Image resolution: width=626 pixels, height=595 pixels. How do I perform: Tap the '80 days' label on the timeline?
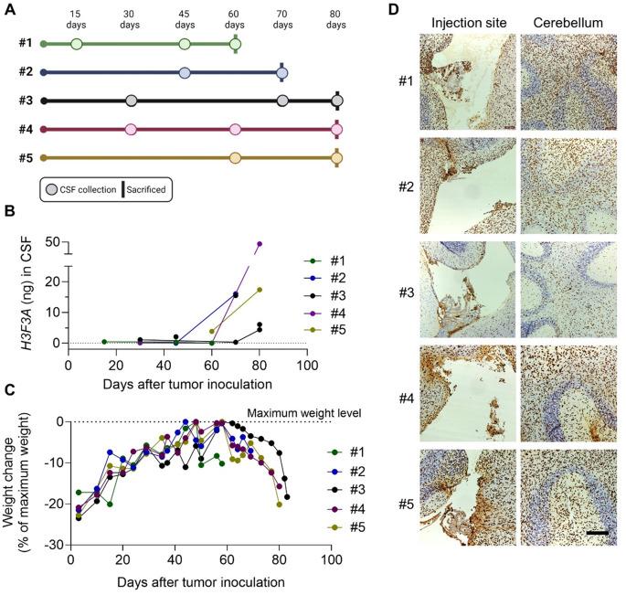[337, 20]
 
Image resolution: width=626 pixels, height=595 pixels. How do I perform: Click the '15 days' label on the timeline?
[76, 20]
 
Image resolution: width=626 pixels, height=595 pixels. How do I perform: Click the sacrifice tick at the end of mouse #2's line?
[282, 71]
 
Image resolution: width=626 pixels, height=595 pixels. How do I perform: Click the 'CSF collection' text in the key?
[90, 189]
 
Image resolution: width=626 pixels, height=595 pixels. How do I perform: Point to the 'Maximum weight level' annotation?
[284, 413]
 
